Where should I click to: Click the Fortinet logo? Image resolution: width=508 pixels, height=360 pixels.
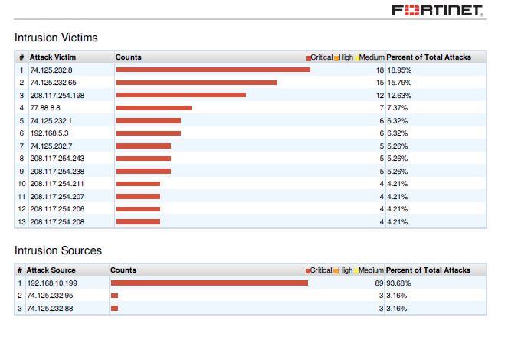pyautogui.click(x=437, y=10)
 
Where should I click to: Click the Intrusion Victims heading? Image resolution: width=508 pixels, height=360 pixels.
pyautogui.click(x=56, y=37)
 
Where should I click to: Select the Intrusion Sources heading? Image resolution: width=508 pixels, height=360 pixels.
pyautogui.click(x=58, y=250)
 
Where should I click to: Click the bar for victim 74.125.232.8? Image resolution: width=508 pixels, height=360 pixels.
pyautogui.click(x=213, y=70)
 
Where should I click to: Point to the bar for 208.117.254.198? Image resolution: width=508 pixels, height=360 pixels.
pyautogui.click(x=181, y=95)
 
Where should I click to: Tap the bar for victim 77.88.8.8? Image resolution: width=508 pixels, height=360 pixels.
pyautogui.click(x=153, y=108)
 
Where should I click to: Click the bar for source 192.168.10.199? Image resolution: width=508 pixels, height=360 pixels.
pyautogui.click(x=209, y=283)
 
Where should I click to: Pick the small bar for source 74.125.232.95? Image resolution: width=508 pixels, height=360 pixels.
pyautogui.click(x=114, y=296)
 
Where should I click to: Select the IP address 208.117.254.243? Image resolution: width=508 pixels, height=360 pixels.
pyautogui.click(x=57, y=159)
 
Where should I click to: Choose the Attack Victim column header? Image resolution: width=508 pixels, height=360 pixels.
pyautogui.click(x=53, y=57)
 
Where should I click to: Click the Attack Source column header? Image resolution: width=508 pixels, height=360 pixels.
pyautogui.click(x=51, y=270)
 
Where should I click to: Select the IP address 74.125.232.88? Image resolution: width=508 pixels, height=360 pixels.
pyautogui.click(x=50, y=308)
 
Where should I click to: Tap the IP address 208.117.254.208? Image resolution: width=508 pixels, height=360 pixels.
pyautogui.click(x=57, y=222)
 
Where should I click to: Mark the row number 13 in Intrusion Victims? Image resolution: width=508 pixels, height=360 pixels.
pyautogui.click(x=21, y=222)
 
